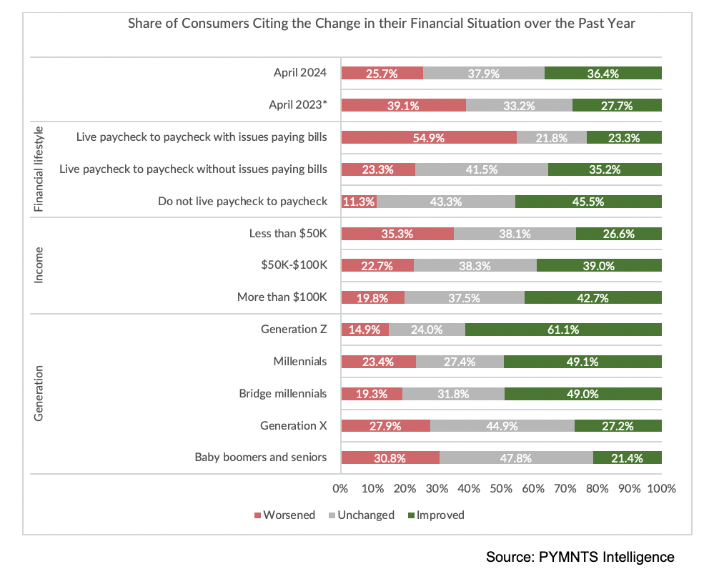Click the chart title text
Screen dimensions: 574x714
point(381,24)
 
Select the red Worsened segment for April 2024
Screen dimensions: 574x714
point(382,73)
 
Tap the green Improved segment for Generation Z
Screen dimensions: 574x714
point(563,330)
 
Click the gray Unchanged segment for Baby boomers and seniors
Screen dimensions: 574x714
point(516,457)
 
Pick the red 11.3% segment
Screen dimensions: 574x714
point(358,202)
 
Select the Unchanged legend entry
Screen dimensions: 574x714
point(361,515)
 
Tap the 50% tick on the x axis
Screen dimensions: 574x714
point(501,490)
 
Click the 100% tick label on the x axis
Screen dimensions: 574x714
point(661,490)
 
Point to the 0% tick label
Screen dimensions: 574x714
point(341,490)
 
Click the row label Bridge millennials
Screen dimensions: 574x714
point(282,394)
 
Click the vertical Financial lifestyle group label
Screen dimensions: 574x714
point(39,169)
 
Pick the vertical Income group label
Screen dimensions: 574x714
point(39,265)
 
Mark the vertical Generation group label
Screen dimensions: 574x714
point(39,393)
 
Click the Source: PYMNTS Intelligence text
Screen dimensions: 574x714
point(580,556)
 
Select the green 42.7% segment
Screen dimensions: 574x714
point(592,297)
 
